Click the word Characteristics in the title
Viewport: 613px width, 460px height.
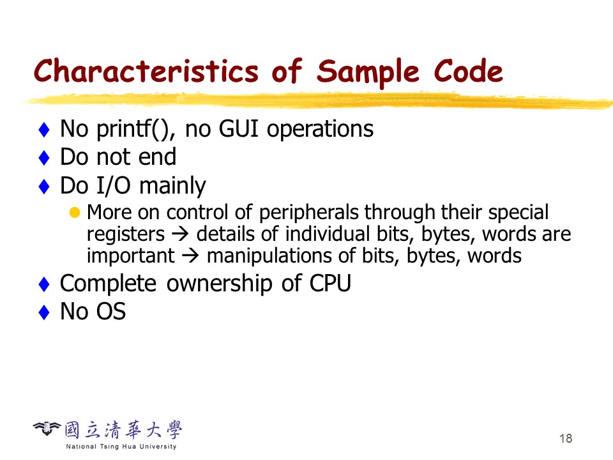146,71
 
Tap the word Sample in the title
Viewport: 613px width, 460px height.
368,73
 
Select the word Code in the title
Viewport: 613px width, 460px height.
468,71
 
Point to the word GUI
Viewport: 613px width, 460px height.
238,128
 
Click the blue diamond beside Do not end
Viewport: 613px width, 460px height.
44,158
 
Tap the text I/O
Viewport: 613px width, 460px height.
113,185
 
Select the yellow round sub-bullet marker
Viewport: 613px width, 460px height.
74,212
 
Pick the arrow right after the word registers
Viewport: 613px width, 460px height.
180,234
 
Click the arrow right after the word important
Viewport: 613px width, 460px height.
190,256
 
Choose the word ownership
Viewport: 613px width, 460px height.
219,284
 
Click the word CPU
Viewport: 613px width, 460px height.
330,283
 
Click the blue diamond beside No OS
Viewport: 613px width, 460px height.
44,312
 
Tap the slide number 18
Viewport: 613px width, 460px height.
566,438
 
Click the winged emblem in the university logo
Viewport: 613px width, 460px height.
47,429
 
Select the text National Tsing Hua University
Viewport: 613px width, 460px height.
121,447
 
